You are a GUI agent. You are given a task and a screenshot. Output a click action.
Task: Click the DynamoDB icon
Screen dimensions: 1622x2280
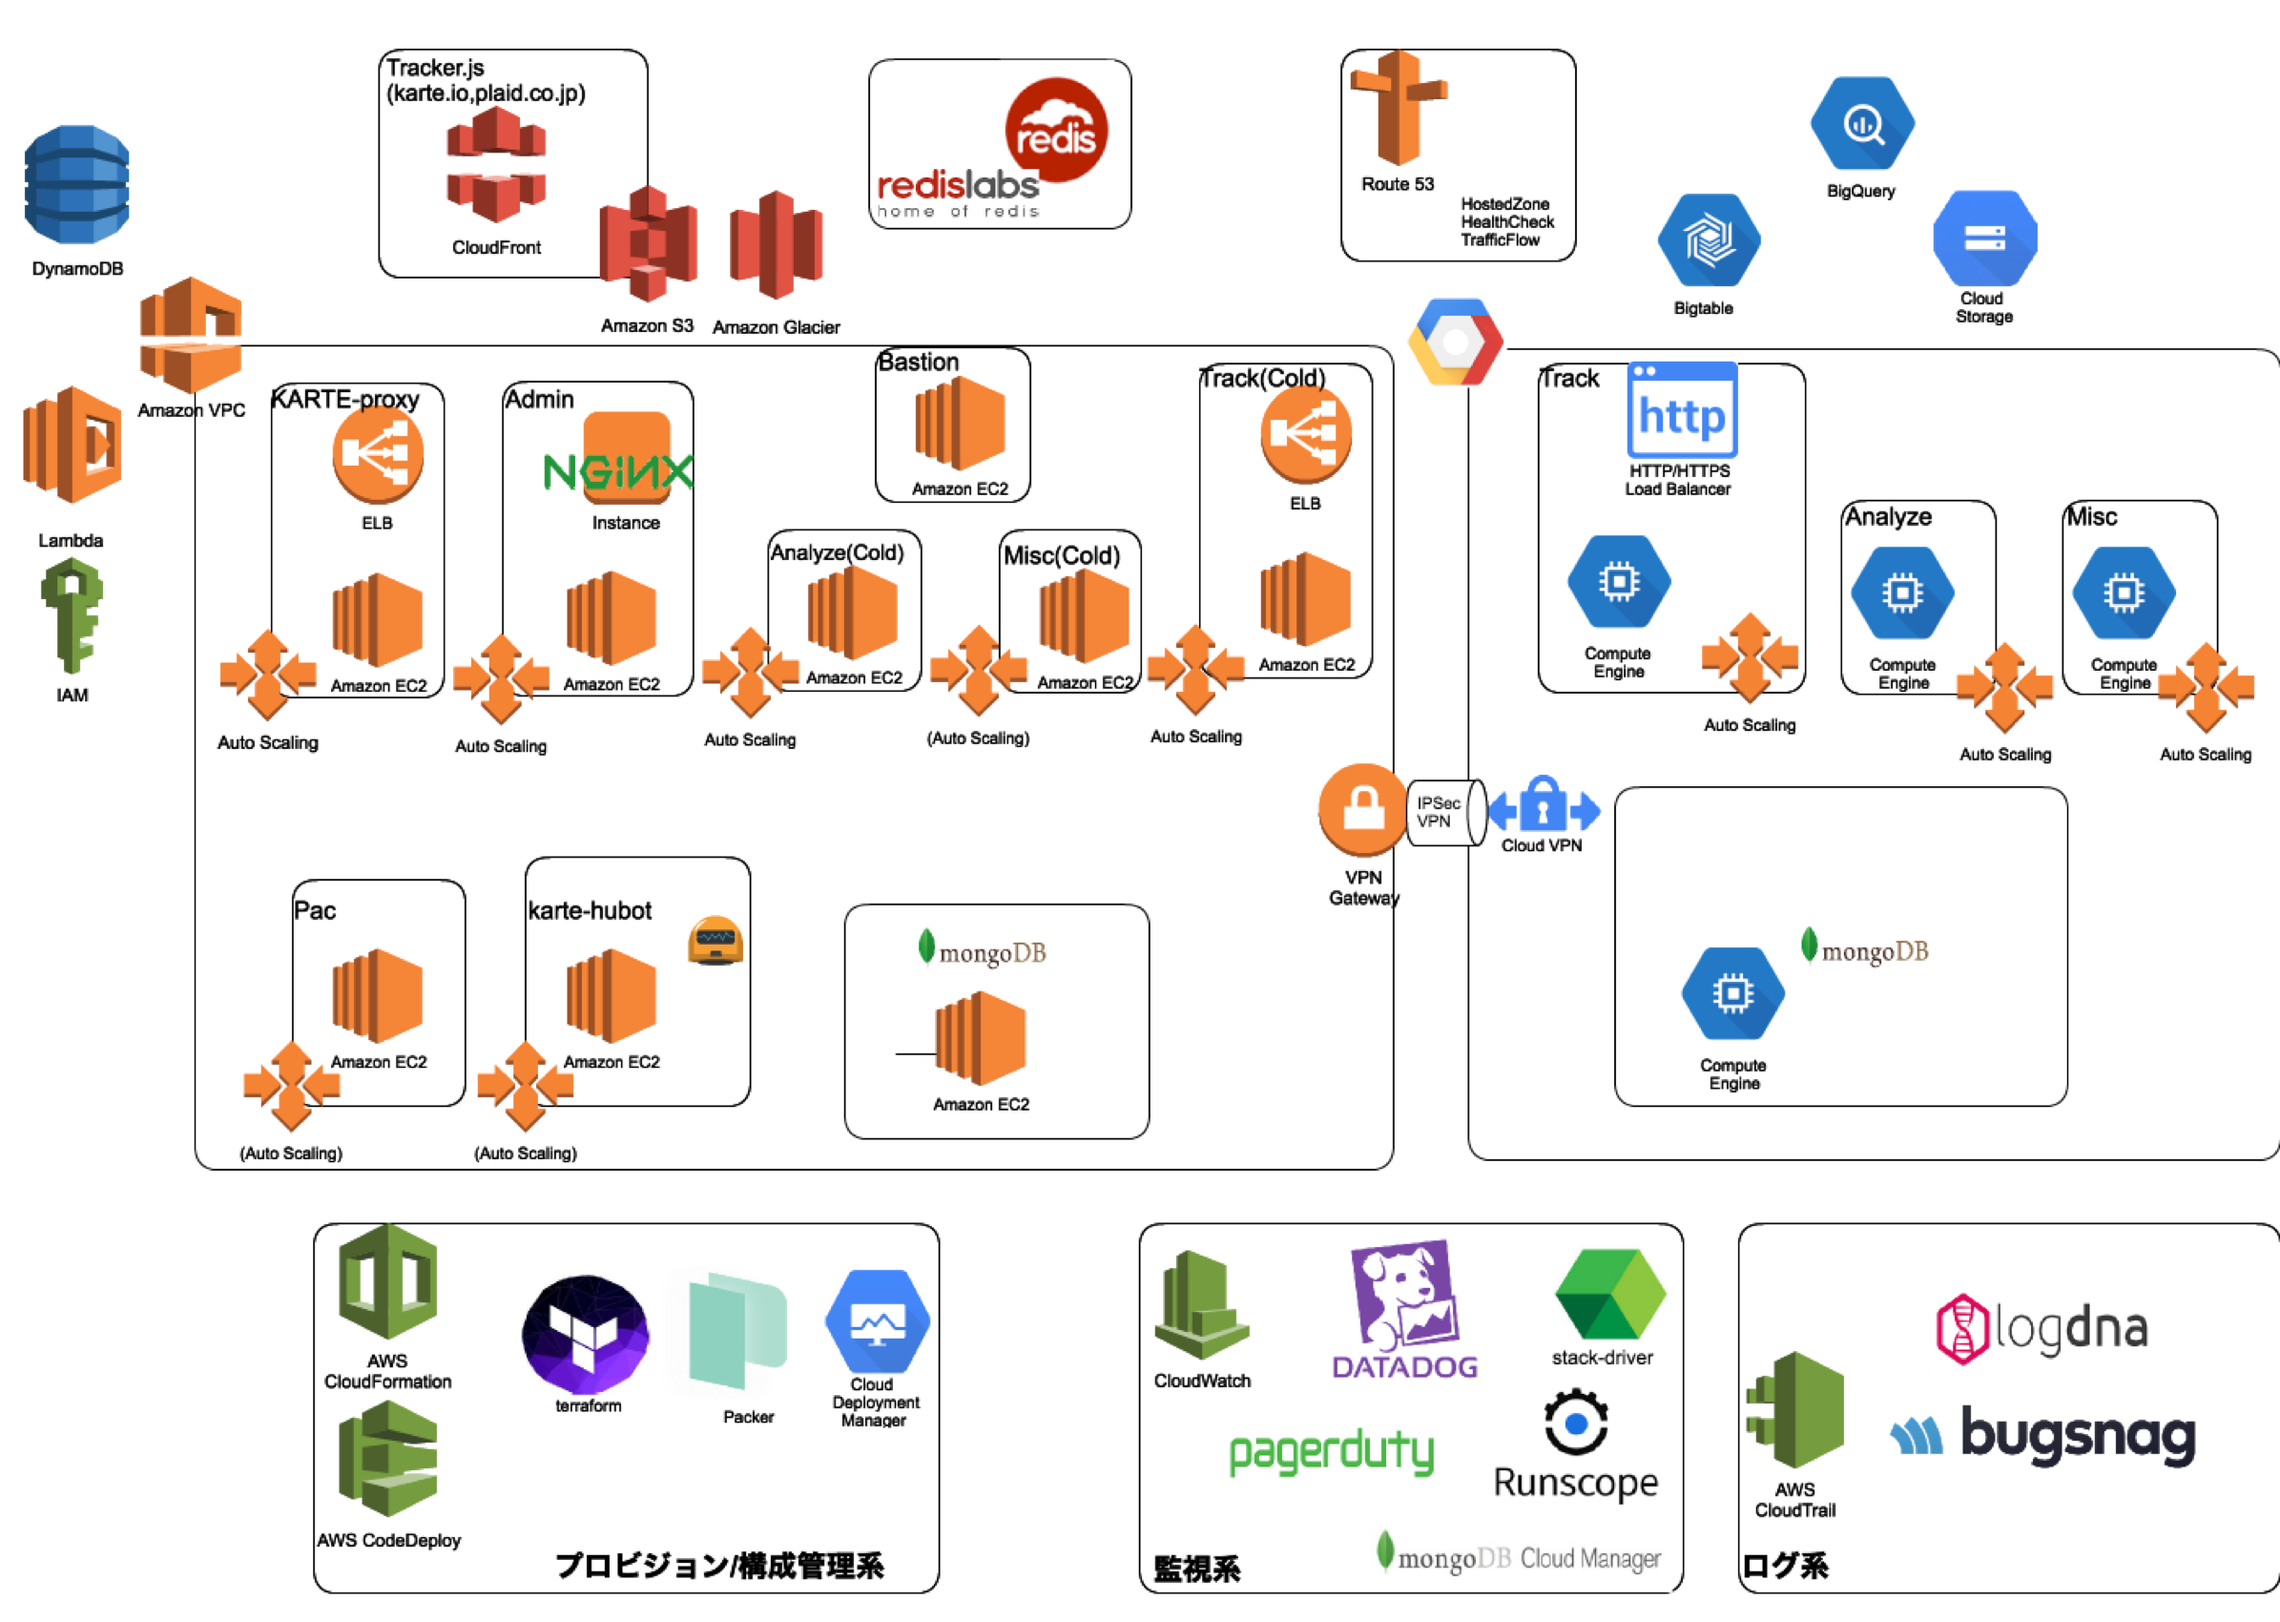(x=77, y=185)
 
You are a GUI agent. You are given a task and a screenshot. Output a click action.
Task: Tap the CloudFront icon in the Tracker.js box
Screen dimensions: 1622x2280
(x=496, y=165)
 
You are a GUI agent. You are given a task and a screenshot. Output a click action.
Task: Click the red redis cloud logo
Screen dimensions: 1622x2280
(x=1056, y=130)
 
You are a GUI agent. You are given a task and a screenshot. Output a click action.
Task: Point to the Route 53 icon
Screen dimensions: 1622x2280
(x=1399, y=108)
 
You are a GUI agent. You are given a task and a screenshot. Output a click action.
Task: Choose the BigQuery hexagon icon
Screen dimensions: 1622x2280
(x=1862, y=125)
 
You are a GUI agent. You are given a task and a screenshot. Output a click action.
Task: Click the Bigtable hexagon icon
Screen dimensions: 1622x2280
(x=1708, y=240)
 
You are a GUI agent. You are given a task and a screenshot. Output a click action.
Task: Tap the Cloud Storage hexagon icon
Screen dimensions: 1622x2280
(x=1984, y=239)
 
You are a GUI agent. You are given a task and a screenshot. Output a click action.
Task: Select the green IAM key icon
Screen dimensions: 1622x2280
(x=71, y=614)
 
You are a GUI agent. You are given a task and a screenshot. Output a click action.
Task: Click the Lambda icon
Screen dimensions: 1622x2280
(x=73, y=446)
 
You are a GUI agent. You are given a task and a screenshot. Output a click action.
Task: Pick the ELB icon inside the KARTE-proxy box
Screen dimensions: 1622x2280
(x=378, y=455)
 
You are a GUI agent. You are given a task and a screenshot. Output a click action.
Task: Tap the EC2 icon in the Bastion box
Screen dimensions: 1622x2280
(x=960, y=425)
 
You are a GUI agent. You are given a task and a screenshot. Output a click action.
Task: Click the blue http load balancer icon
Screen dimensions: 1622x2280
(x=1682, y=410)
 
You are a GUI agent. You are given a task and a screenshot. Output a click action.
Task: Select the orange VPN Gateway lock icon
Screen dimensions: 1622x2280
(x=1362, y=810)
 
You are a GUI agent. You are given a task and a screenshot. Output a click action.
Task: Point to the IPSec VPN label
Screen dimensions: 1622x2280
(x=1438, y=812)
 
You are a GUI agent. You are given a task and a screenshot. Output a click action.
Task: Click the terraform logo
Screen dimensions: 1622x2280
(x=587, y=1335)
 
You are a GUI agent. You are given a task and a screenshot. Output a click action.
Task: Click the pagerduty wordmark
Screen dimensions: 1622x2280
(x=1331, y=1453)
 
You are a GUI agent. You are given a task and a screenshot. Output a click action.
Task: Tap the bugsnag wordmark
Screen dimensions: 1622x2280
(x=2077, y=1434)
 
